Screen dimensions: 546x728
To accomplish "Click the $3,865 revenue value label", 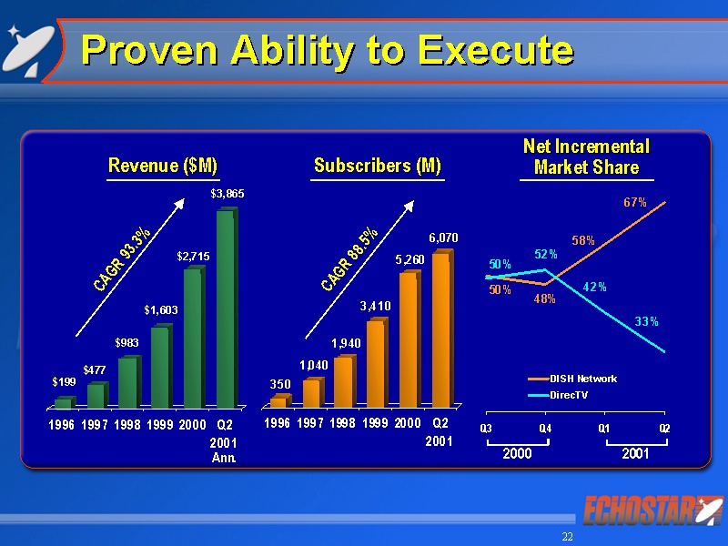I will point(227,194).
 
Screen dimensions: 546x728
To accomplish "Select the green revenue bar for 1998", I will point(127,382).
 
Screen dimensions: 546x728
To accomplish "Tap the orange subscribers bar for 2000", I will point(409,339).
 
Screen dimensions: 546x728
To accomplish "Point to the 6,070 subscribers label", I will point(443,238).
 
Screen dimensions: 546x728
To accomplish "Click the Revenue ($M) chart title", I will point(163,166).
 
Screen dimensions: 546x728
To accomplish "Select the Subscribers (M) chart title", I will point(377,166).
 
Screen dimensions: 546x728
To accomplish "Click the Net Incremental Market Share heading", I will point(586,157).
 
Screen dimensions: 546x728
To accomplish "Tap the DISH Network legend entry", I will point(572,379).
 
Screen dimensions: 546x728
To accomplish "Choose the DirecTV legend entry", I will point(565,395).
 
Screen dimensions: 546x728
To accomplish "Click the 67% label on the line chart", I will point(635,202).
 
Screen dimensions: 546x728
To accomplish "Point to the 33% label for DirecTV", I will point(647,321).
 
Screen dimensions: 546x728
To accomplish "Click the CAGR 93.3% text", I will point(123,259).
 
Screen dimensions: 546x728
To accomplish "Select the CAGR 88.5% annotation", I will point(350,259).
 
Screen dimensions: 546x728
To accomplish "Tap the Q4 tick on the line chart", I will point(545,428).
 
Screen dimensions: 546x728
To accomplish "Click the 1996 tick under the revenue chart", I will point(62,423).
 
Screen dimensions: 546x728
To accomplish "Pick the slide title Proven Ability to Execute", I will point(328,50).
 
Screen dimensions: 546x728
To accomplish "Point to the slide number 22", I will point(568,537).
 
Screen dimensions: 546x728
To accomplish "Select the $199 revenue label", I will point(62,383).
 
